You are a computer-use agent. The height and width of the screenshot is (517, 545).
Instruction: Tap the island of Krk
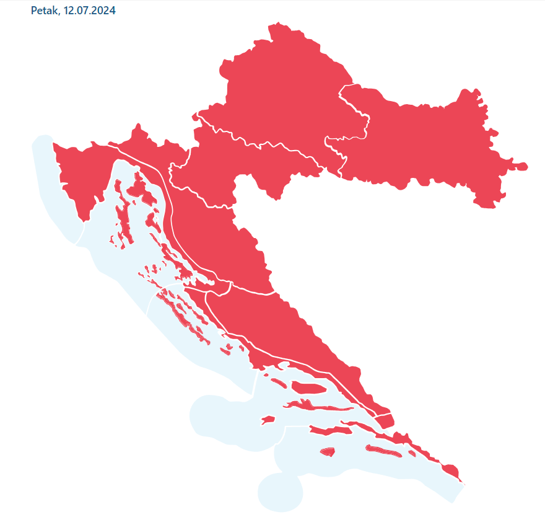coord(149,197)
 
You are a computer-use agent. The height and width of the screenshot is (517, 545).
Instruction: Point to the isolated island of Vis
coord(268,420)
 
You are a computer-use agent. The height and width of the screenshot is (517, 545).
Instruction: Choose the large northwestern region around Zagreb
coord(279,87)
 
